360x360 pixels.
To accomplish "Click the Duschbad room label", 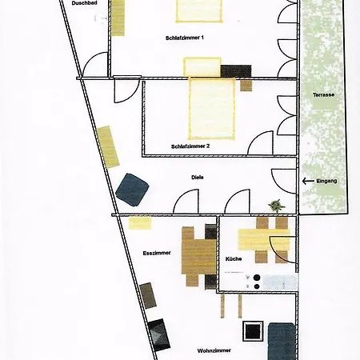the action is tap(84, 3).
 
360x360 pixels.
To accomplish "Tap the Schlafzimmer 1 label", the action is tap(185, 38).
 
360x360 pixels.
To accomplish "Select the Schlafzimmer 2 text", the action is tap(190, 146).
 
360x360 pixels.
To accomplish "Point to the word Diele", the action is tap(198, 178).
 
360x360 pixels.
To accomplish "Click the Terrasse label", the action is tap(323, 95).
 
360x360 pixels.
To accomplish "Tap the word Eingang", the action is tap(326, 181).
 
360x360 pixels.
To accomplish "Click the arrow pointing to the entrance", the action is tap(308, 181).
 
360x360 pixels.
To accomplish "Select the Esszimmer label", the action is tap(157, 253).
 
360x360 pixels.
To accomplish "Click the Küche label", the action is tap(234, 259).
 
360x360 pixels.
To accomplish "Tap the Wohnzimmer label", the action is tap(214, 350).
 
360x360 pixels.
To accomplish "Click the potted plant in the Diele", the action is tap(277, 206).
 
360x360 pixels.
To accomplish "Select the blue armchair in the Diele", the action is tap(133, 190).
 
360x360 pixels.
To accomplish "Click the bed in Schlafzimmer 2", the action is tap(212, 109).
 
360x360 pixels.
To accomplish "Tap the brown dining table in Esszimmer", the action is tap(198, 257).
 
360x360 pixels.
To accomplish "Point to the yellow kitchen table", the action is tap(263, 239).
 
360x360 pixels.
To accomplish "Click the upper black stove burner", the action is tap(257, 278).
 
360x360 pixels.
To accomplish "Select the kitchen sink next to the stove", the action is tap(280, 282).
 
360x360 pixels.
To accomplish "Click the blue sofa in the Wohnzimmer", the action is tap(282, 342).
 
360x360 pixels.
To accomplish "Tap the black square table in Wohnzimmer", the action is tap(253, 331).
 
